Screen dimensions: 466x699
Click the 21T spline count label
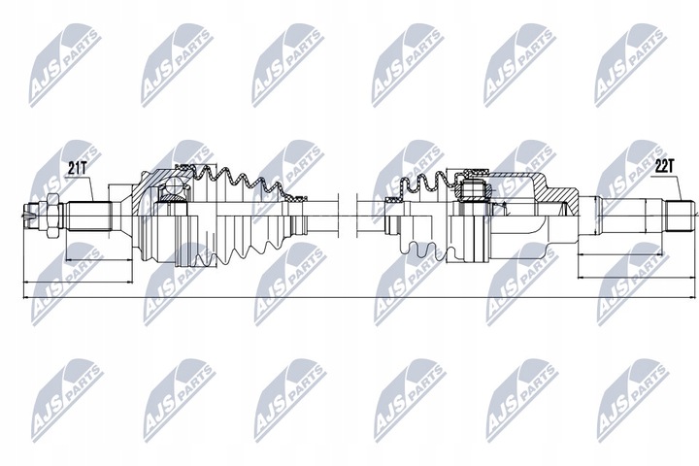pos(77,168)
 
